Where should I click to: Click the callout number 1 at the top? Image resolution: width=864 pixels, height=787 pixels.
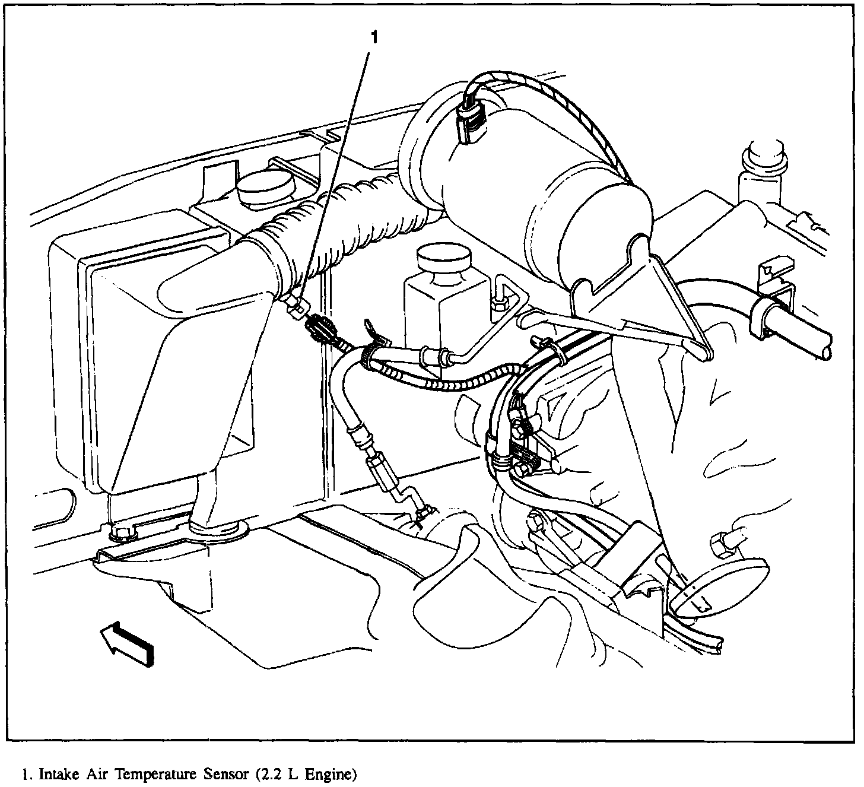click(374, 37)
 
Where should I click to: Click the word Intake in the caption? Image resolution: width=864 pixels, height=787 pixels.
click(54, 774)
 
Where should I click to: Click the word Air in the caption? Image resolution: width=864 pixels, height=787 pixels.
click(94, 774)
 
